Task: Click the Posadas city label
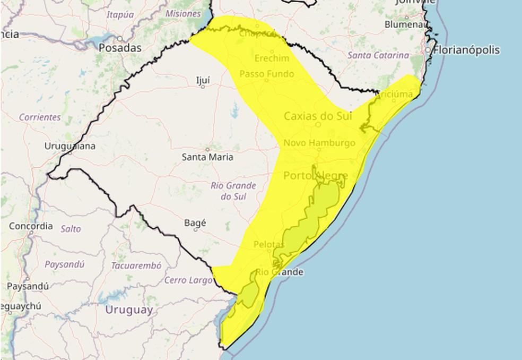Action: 120,48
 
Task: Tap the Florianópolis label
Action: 467,50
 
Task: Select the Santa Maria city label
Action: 207,157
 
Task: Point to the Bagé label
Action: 195,223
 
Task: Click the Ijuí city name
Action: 203,80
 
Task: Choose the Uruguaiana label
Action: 70,146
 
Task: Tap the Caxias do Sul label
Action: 318,116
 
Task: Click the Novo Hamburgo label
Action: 319,143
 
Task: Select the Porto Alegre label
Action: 316,176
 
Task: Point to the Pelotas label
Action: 269,245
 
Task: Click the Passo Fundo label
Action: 266,74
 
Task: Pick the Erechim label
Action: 272,58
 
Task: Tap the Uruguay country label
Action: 129,310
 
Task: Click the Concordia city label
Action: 31,226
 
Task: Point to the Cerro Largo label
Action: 189,280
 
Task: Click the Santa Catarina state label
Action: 378,55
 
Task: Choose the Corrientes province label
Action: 40,117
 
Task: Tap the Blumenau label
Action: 406,24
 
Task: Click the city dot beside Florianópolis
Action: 428,50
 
